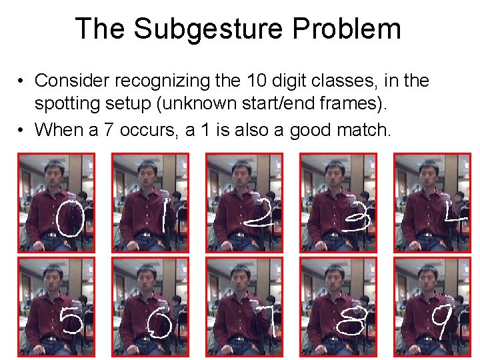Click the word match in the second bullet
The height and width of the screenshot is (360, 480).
click(x=361, y=129)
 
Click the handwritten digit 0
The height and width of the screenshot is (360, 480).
click(x=69, y=221)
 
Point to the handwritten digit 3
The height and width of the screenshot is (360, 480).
click(x=353, y=217)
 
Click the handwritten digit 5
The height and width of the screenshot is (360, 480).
click(x=72, y=321)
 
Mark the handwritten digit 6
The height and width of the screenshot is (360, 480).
click(x=161, y=325)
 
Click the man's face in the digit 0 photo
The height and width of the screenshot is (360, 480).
click(x=54, y=175)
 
